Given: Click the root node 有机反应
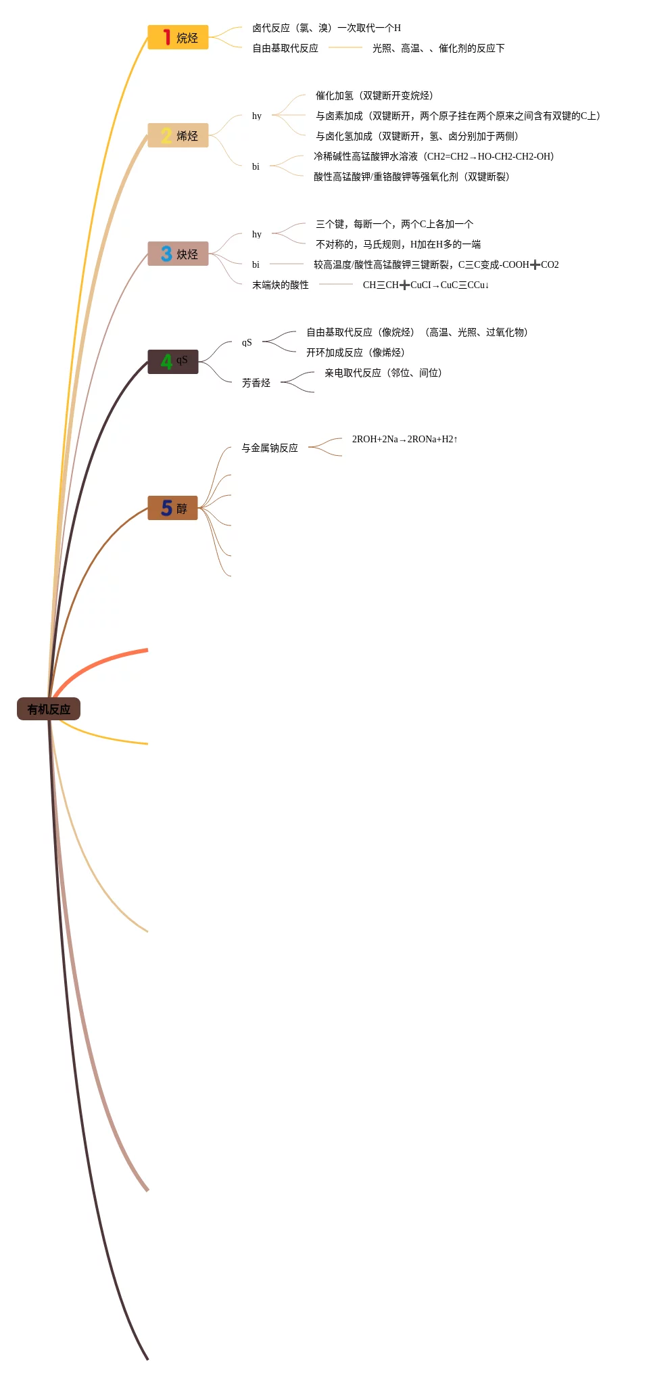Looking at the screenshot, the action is pos(49,709).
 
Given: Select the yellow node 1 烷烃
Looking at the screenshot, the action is pos(178,38).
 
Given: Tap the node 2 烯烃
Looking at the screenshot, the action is pos(178,135).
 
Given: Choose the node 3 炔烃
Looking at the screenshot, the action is pos(178,254).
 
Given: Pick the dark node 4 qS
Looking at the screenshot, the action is pos(173,361).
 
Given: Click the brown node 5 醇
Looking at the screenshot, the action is pos(173,508).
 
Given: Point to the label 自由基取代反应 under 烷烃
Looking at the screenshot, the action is pos(285,48).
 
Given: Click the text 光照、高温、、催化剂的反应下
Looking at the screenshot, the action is pos(438,48).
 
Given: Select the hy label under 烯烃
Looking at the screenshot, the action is pos(256,116).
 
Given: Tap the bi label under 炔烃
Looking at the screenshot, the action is pos(256,264).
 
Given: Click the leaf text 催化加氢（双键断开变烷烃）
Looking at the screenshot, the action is pos(374,95).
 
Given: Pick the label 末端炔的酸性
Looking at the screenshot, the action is pos(280,285).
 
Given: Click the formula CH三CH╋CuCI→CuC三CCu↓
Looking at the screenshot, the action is pos(425,285).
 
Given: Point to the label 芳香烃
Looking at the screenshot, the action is pos(256,383).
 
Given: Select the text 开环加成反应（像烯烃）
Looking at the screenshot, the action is pos(355,352).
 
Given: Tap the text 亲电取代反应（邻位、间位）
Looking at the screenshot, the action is pos(383,373).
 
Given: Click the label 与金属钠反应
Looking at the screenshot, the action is pos(269,448).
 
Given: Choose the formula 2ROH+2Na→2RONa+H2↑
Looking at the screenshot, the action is pos(404,439).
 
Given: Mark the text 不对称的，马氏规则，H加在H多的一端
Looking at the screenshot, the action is pos(398,244).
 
